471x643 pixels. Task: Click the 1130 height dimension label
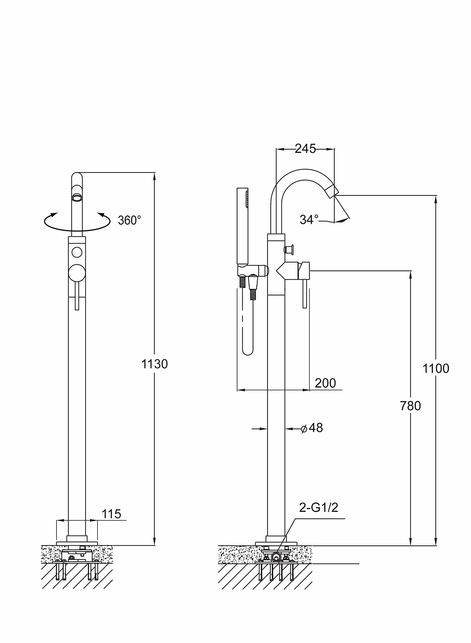point(155,364)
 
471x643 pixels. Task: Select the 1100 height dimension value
point(436,369)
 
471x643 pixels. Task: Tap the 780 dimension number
point(410,406)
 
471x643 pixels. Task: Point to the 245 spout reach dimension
point(305,149)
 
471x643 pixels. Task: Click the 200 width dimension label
point(325,383)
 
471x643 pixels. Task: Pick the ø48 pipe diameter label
point(312,428)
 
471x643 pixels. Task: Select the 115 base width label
point(111,514)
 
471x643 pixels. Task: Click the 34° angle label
point(309,220)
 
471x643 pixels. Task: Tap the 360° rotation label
point(130,220)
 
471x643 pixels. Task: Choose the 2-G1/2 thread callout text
point(318,507)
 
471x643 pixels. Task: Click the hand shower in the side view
point(242,226)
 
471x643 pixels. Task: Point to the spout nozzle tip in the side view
point(332,191)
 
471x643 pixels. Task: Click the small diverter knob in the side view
point(289,250)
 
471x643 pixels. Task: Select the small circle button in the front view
point(77,252)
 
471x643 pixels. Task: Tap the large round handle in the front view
point(77,273)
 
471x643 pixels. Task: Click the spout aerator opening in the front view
point(77,198)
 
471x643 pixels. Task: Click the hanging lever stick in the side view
point(305,294)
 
